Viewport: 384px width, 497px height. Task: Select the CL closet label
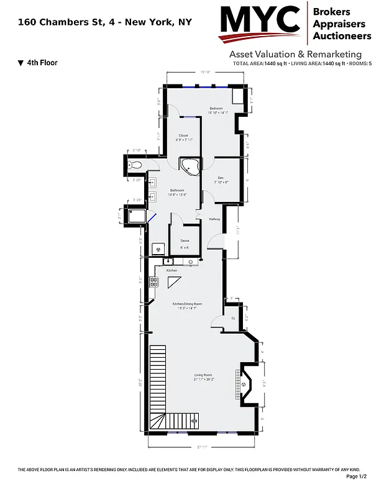tap(233, 318)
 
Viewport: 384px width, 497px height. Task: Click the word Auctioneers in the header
tap(342, 36)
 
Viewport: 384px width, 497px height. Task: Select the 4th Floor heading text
tap(42, 63)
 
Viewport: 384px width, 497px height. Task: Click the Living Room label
tap(203, 376)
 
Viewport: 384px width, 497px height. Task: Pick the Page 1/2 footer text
tap(357, 476)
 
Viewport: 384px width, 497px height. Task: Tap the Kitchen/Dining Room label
tap(187, 304)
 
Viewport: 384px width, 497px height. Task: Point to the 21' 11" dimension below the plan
tap(203, 447)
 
